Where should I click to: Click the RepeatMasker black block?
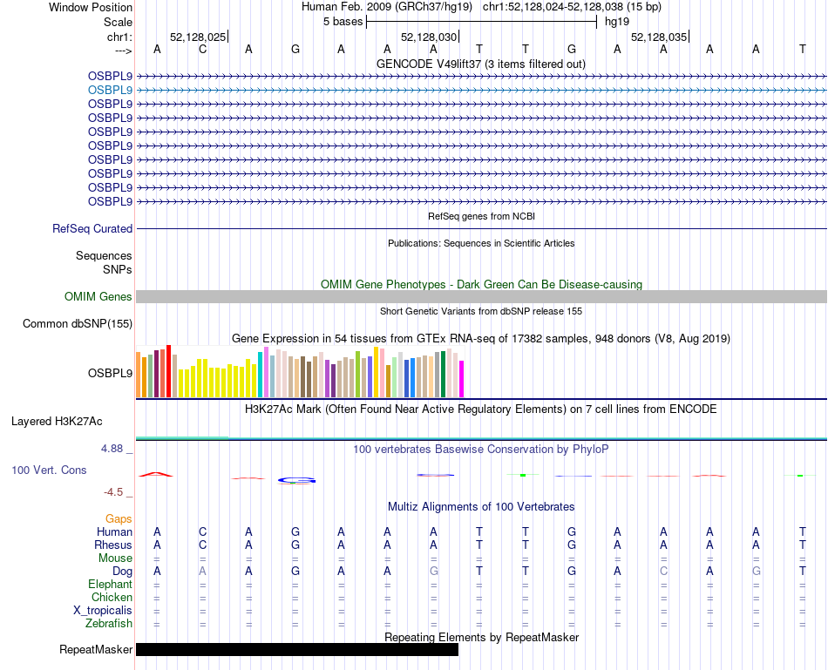(296, 649)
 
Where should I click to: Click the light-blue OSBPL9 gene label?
(110, 90)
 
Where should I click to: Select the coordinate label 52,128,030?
(428, 37)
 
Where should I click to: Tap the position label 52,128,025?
(198, 37)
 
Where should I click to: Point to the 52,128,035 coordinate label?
(658, 37)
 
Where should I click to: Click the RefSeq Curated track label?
(92, 228)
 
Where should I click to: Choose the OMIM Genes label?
(98, 297)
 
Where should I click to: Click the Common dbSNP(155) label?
(77, 324)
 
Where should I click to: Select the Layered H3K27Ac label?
(57, 422)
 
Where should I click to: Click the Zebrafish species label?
(109, 623)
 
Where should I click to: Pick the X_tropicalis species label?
(103, 610)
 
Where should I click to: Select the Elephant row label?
(110, 584)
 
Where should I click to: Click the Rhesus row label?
(113, 545)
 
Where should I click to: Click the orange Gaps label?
(119, 518)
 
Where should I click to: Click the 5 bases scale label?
(342, 22)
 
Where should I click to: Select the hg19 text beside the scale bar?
(617, 22)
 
